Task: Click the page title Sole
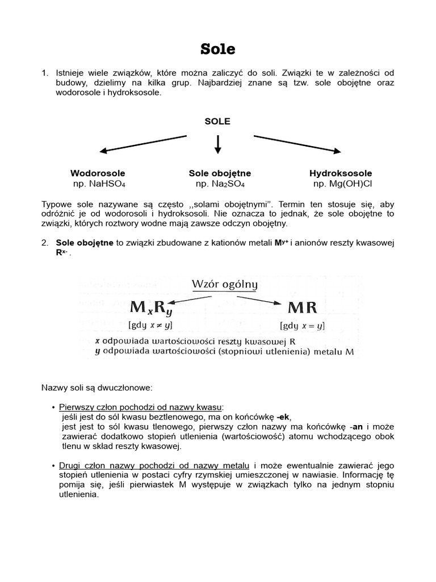tap(217, 49)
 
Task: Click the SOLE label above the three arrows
tap(217, 121)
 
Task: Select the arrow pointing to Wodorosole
tap(143, 143)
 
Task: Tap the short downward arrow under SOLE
tap(217, 144)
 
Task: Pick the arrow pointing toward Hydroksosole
tap(297, 144)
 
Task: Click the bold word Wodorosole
tap(98, 173)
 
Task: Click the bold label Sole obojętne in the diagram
tap(220, 173)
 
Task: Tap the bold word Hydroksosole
tap(341, 173)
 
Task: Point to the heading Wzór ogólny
tap(225, 284)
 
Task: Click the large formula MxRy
tap(152, 309)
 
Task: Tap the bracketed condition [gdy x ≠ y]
tap(150, 325)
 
